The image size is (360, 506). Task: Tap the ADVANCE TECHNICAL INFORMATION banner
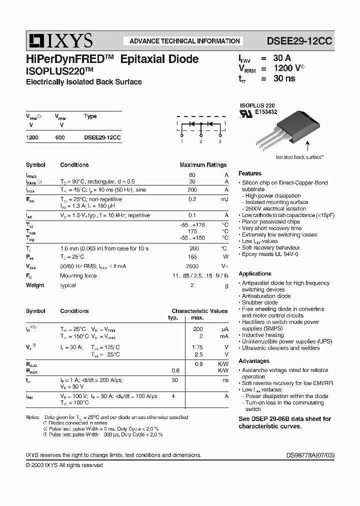point(184,41)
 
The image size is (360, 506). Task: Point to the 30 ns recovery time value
point(284,78)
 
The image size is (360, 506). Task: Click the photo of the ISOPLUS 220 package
point(298,127)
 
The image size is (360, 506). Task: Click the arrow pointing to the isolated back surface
point(307,146)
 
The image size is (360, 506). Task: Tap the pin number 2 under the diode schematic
point(200,142)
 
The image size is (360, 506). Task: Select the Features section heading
point(250,173)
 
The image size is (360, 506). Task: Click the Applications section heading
point(255,273)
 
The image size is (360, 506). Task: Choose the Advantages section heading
point(254,361)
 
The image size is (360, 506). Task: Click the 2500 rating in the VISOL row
point(192,266)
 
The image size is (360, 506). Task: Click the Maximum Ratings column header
point(203,165)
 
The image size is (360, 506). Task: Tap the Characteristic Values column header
point(199,311)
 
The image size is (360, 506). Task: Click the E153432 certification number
point(266,112)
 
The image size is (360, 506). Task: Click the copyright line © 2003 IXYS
point(64,465)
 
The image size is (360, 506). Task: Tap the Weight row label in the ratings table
point(35,285)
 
